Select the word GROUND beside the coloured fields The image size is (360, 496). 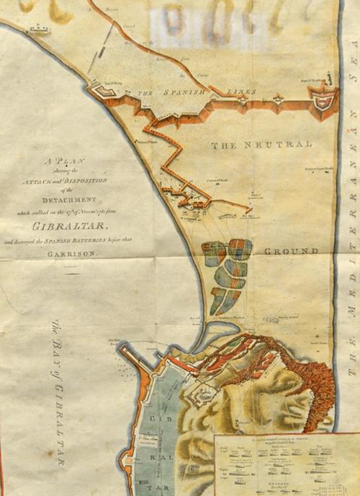(291, 251)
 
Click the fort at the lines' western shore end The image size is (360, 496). (100, 91)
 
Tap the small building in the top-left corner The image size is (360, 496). (37, 30)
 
